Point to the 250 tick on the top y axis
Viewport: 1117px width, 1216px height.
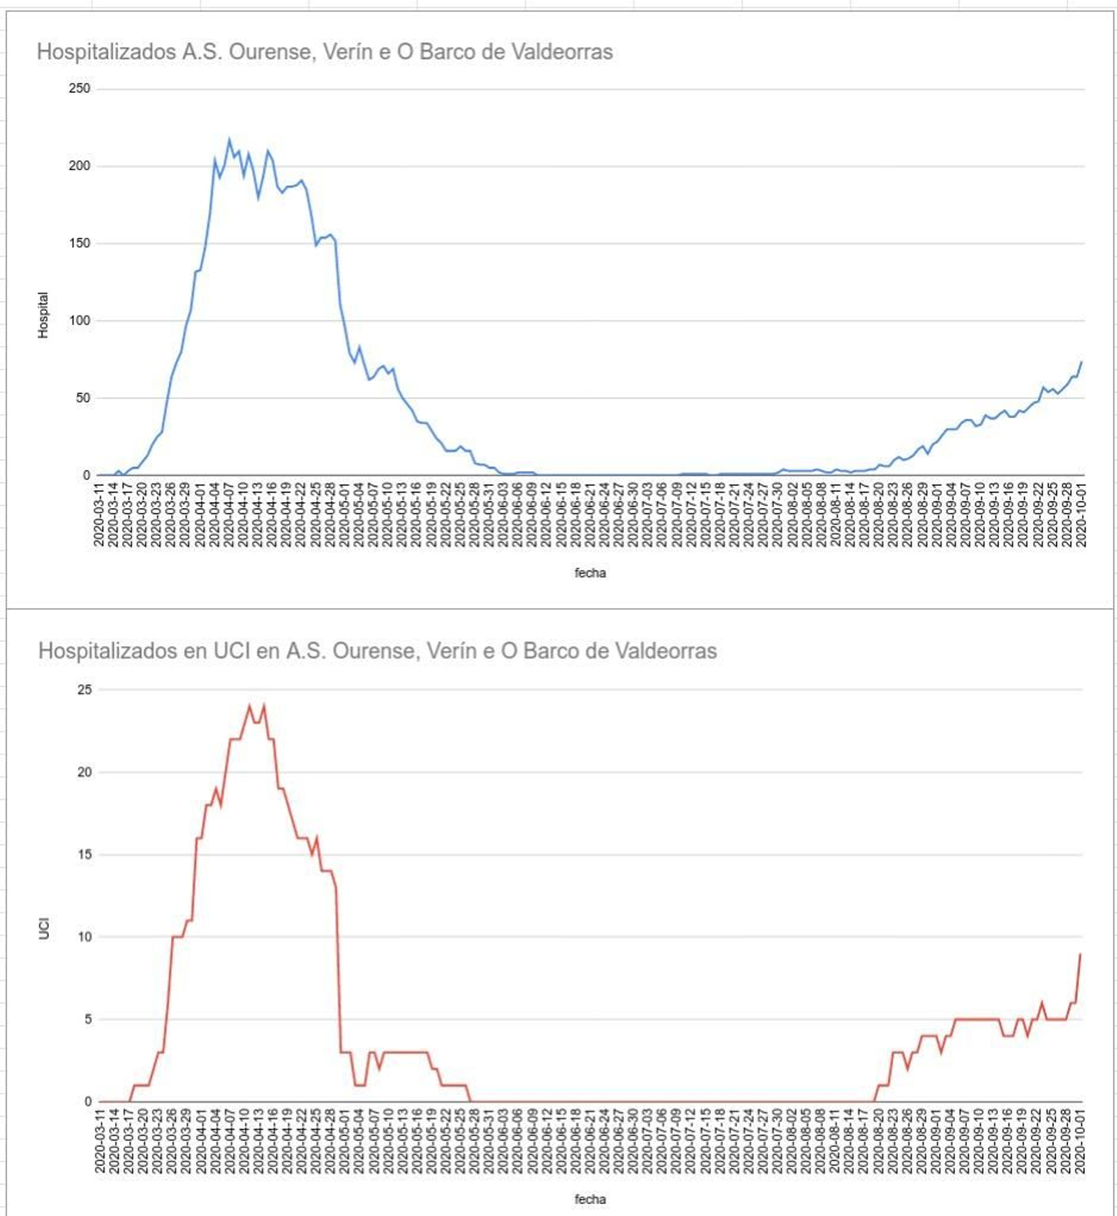coord(80,89)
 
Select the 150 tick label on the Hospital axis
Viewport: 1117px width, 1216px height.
coord(80,244)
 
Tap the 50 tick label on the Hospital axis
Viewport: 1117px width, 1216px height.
coord(83,399)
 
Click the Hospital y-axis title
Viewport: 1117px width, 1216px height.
coord(43,316)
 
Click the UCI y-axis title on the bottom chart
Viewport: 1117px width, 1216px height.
coord(44,930)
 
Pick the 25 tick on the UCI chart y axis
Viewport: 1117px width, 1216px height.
coord(84,690)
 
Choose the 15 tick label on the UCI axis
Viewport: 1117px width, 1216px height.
coord(84,855)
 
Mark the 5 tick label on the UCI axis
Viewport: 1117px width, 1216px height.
coord(88,1020)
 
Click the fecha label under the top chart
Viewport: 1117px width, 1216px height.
coord(590,573)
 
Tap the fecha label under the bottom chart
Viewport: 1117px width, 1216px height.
coord(590,1200)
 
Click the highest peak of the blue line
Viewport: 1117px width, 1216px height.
coord(229,140)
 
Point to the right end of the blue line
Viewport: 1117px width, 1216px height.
coord(1081,362)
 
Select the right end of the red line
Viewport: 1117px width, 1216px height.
coord(1081,954)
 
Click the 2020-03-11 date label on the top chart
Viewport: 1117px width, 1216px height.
coord(99,514)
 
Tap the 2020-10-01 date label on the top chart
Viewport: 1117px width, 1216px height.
coord(1081,514)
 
